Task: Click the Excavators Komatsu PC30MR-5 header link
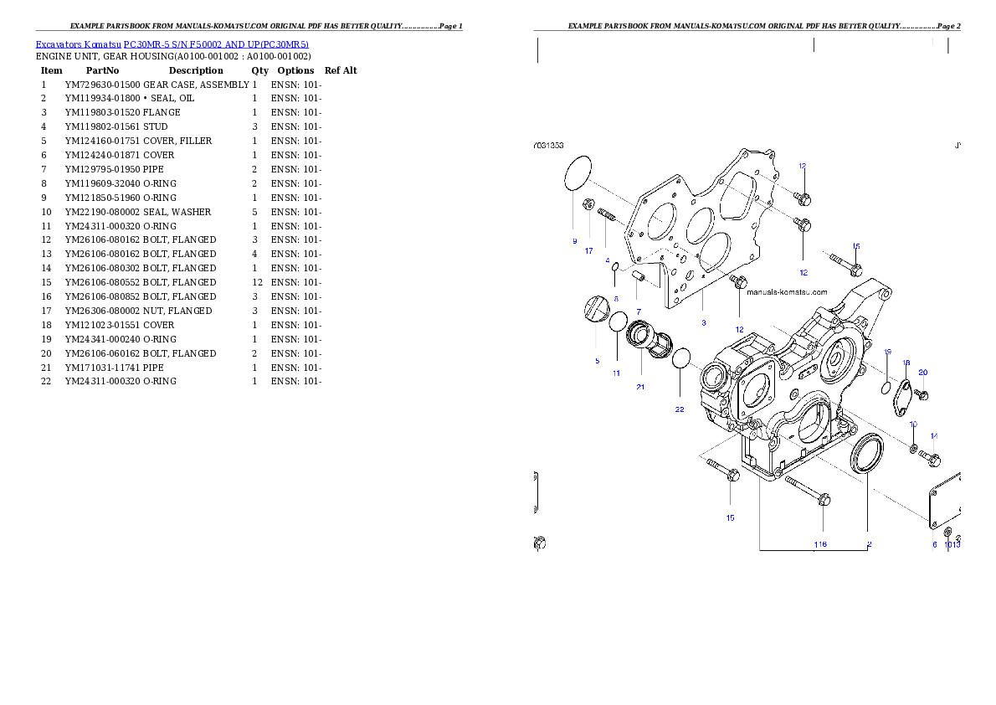pos(172,44)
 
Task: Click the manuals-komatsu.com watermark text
pos(787,292)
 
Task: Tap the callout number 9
pos(574,241)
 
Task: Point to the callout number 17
pos(588,250)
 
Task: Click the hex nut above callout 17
pos(588,202)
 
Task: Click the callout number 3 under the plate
pos(703,322)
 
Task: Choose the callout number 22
pos(680,409)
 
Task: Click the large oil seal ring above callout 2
pos(865,453)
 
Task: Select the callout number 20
pos(923,372)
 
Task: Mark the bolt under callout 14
pos(931,458)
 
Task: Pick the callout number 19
pos(887,352)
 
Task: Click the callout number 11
pos(616,373)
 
